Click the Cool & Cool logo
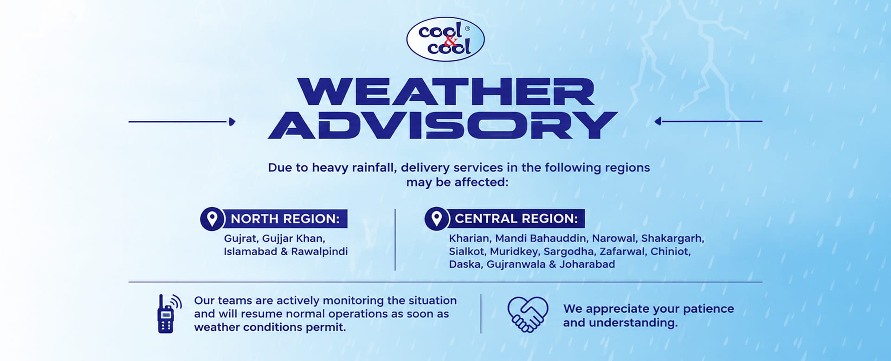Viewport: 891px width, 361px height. pos(445,39)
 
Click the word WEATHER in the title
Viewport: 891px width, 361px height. pos(445,92)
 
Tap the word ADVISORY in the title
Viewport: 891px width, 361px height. pos(443,125)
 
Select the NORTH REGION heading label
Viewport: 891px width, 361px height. pos(285,219)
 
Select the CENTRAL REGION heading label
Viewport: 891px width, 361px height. pos(516,218)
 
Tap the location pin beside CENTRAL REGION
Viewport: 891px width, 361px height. pos(436,218)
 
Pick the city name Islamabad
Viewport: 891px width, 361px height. pos(250,251)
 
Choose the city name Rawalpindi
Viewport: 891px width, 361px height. pos(319,252)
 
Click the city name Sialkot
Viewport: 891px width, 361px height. pos(466,251)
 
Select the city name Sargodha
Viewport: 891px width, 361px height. pos(569,252)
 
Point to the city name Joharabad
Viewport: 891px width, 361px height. pos(587,264)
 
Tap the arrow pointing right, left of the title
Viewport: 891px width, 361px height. pos(182,122)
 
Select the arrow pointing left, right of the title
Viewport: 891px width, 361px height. pos(708,121)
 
